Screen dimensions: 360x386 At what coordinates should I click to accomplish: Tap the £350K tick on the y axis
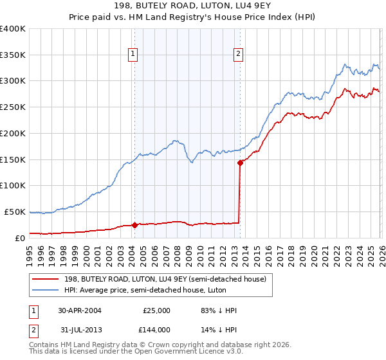point(12,55)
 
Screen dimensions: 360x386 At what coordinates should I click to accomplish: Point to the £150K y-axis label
point(12,159)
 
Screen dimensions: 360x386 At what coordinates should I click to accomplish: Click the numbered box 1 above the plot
point(133,55)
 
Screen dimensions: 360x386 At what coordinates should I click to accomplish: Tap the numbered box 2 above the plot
point(239,55)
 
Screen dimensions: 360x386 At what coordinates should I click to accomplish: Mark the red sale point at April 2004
point(134,225)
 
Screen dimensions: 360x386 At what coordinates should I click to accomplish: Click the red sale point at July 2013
point(240,163)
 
